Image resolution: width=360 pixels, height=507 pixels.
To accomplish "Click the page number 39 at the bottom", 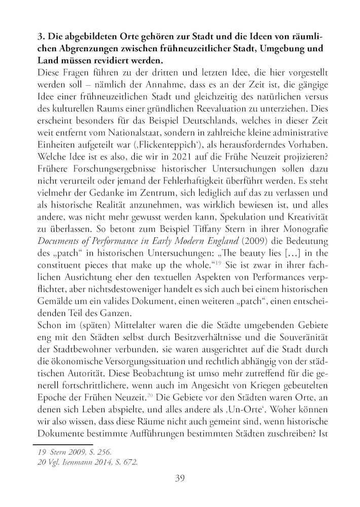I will pyautogui.click(x=179, y=478).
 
